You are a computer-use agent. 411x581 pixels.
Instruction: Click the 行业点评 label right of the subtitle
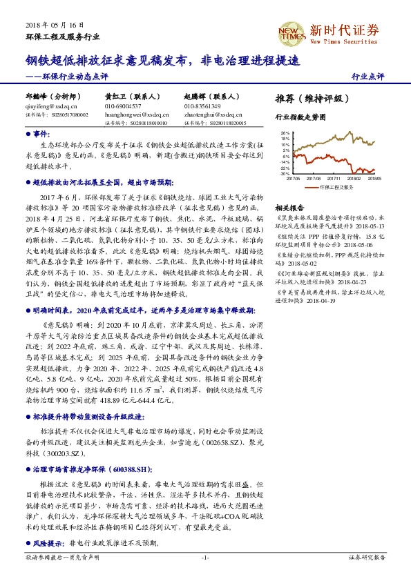367,76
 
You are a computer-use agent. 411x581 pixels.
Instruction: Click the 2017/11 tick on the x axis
334,178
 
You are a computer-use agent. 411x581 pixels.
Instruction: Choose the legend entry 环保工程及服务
337,186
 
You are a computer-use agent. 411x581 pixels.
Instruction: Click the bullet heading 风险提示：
50,544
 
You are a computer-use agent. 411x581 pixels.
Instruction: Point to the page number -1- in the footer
204,558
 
